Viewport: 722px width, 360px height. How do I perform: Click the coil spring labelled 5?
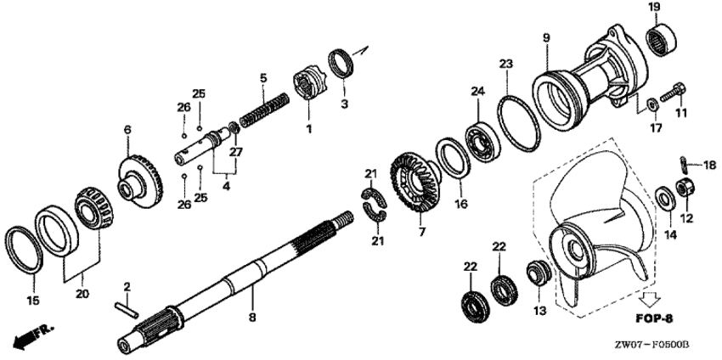point(265,111)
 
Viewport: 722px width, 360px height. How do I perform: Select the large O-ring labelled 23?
point(518,123)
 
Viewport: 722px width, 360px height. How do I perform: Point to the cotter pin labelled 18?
point(683,163)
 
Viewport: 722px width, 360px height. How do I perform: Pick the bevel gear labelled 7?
point(415,182)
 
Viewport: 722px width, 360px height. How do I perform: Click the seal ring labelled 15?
point(24,249)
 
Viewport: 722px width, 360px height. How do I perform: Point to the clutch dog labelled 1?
point(309,84)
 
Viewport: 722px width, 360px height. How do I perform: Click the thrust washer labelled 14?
point(665,198)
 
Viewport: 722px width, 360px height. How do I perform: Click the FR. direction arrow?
point(33,336)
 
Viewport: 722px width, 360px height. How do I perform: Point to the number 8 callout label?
point(252,318)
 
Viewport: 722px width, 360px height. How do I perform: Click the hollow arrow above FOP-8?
point(651,300)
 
